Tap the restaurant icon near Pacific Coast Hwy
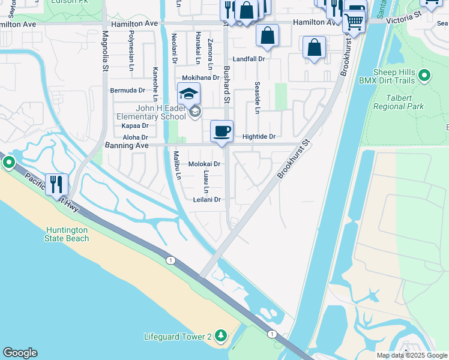[57, 185]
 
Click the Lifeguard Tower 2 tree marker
[221, 335]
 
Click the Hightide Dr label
[259, 137]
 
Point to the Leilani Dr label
[208, 200]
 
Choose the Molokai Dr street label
[205, 164]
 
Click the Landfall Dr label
[249, 59]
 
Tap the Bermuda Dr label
[128, 91]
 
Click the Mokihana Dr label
[200, 78]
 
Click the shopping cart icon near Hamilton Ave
[354, 22]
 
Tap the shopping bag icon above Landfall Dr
[267, 35]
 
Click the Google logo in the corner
[20, 353]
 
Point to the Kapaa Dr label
[134, 126]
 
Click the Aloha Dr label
[135, 137]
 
